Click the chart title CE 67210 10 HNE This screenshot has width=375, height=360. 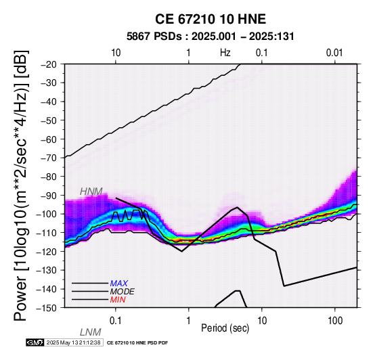(x=211, y=19)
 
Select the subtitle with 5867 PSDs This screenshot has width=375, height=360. (x=211, y=37)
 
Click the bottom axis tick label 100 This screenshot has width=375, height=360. (x=335, y=321)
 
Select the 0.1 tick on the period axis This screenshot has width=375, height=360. (x=116, y=321)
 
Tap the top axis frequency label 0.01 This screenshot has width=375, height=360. (x=335, y=53)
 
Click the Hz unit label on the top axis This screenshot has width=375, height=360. (x=225, y=53)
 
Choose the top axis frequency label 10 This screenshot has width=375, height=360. (x=116, y=53)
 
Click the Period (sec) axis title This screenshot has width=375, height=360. (x=225, y=328)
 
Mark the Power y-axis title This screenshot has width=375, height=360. (x=20, y=186)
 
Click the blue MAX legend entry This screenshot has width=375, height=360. (x=119, y=284)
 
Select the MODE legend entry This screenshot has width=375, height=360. (x=123, y=292)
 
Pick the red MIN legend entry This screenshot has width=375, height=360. (x=118, y=300)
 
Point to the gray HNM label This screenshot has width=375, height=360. (x=91, y=192)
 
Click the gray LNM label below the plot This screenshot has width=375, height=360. (x=91, y=332)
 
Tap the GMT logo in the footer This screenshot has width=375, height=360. (x=35, y=342)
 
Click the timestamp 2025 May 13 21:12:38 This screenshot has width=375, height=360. (x=73, y=342)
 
